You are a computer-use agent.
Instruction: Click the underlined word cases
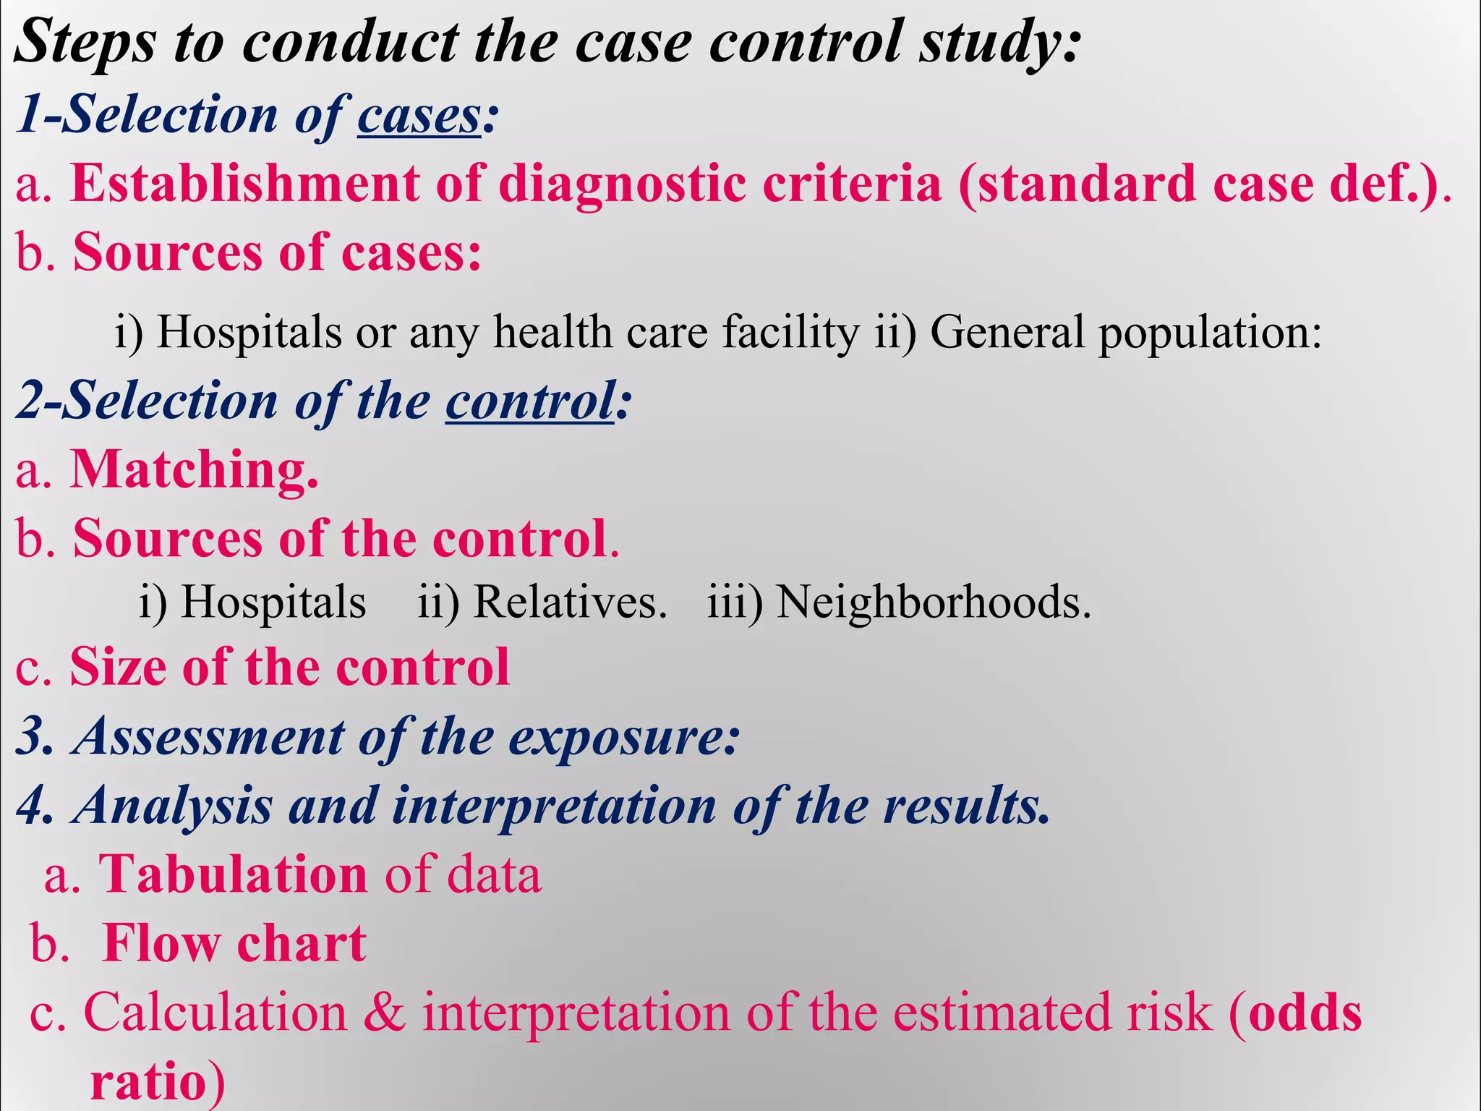[x=419, y=116]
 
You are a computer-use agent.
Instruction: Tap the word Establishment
[x=244, y=184]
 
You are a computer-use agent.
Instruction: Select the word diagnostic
[x=622, y=184]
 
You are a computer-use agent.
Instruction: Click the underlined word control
[x=530, y=401]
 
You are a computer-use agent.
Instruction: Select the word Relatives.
[x=570, y=602]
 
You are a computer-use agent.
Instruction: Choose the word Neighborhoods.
[x=933, y=602]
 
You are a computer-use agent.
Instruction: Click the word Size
[x=118, y=667]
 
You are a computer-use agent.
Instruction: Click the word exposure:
[x=624, y=738]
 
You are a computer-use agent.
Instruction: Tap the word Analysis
[x=174, y=806]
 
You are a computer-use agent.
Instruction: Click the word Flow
[x=161, y=943]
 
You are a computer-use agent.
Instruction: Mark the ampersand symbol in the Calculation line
[x=384, y=1013]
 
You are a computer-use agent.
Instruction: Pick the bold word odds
[x=1305, y=1013]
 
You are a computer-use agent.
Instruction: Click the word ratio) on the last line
[x=158, y=1082]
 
